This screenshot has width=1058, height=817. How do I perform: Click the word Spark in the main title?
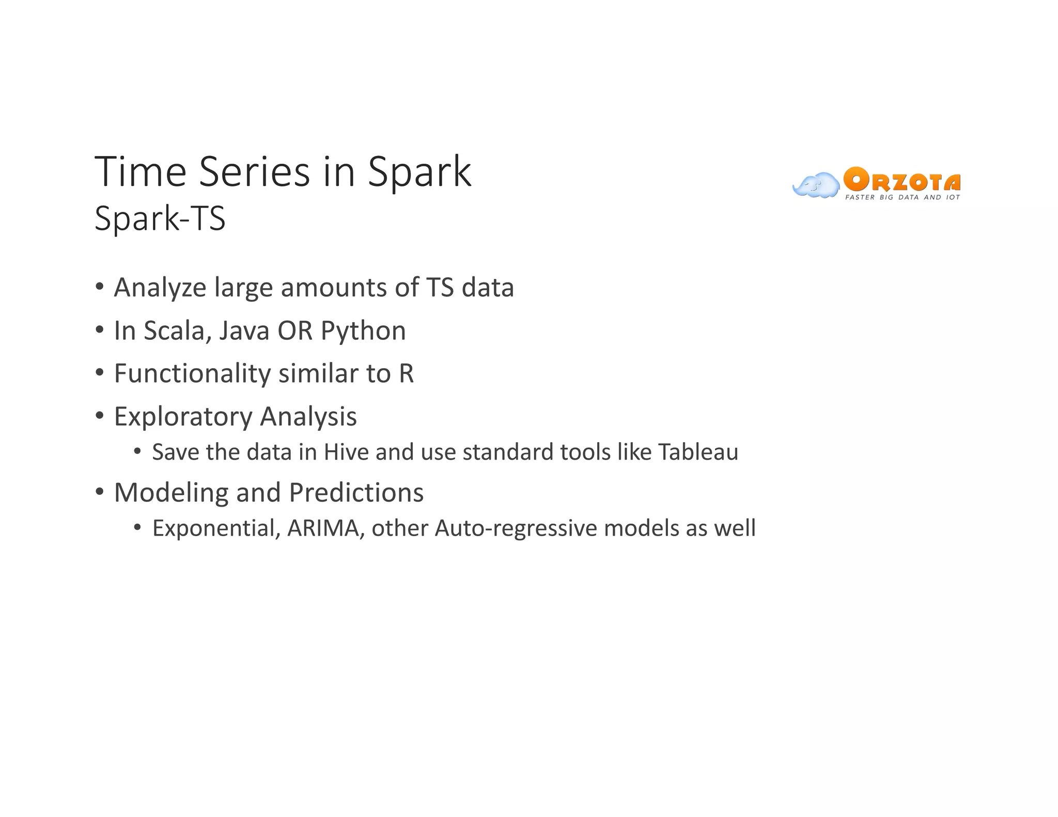pyautogui.click(x=419, y=172)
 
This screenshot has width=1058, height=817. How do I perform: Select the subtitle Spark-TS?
pyautogui.click(x=160, y=218)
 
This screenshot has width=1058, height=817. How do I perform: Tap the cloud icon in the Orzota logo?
pyautogui.click(x=816, y=185)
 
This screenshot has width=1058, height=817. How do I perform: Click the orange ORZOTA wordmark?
pyautogui.click(x=901, y=181)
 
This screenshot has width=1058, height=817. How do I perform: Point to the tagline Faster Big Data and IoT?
pyautogui.click(x=902, y=197)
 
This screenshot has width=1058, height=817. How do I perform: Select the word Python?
pyautogui.click(x=363, y=331)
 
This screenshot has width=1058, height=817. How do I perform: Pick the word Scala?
pyautogui.click(x=178, y=331)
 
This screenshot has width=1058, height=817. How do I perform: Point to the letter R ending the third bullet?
pyautogui.click(x=406, y=373)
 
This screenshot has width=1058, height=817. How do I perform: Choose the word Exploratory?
pyautogui.click(x=183, y=417)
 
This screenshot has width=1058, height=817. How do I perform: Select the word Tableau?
pyautogui.click(x=698, y=452)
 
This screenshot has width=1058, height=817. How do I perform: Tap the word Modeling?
pyautogui.click(x=171, y=493)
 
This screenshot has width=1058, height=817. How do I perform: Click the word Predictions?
pyautogui.click(x=356, y=493)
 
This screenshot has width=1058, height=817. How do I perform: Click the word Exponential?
pyautogui.click(x=216, y=528)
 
